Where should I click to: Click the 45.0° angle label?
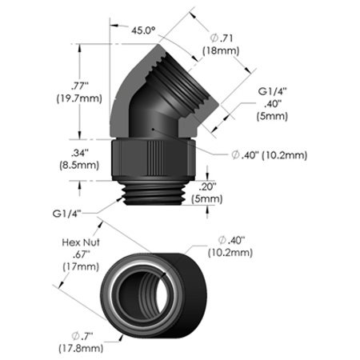[143, 30]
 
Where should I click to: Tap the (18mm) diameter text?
[221, 50]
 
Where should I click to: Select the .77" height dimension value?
[80, 86]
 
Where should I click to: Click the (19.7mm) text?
[79, 98]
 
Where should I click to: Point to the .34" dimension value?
[79, 153]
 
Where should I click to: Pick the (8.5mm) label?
[79, 165]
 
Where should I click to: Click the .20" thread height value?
[207, 186]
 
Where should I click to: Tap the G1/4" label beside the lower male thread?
[66, 214]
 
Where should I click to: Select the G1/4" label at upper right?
[272, 91]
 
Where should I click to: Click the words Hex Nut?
[81, 242]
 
